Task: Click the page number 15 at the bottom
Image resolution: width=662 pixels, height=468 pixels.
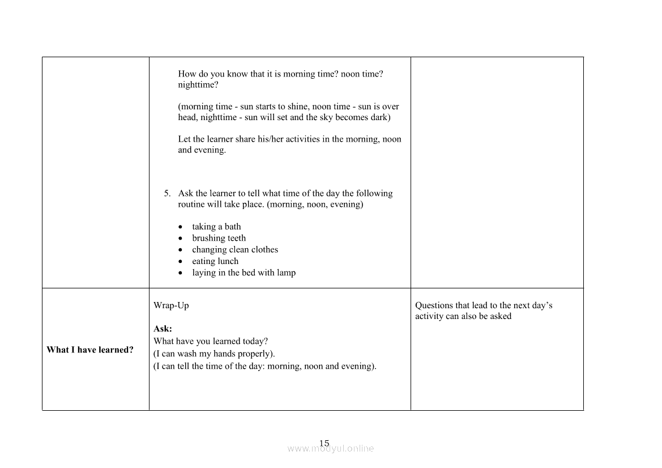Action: click(324, 443)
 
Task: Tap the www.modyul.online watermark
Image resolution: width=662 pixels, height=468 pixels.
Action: click(331, 449)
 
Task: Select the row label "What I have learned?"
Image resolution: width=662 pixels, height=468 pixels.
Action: click(90, 350)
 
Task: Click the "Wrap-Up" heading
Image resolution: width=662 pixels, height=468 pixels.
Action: click(171, 305)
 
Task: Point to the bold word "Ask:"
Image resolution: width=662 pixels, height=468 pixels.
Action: click(163, 329)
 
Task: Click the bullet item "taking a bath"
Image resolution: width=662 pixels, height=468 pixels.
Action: click(216, 227)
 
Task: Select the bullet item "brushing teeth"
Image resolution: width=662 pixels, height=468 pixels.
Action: click(219, 238)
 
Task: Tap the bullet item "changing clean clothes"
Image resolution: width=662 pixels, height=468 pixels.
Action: click(235, 249)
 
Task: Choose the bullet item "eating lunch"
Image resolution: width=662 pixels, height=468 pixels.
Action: click(215, 261)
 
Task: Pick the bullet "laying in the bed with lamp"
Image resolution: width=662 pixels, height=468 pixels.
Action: click(244, 273)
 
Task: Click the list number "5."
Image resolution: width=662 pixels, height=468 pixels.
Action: click(168, 193)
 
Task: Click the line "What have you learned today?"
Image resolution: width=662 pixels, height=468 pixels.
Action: click(211, 341)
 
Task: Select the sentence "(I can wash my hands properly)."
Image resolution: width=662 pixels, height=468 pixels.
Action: click(214, 354)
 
